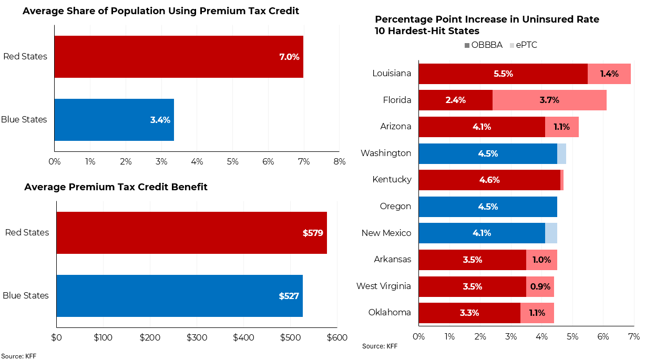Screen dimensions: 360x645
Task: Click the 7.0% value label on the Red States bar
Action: click(289, 57)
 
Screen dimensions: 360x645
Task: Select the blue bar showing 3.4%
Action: click(114, 120)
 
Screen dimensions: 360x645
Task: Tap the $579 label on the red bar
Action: click(313, 233)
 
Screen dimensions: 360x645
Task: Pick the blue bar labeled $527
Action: click(179, 296)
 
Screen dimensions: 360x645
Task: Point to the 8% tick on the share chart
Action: click(339, 162)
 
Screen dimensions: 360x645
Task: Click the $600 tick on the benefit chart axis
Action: click(336, 337)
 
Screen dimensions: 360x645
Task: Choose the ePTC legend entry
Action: click(523, 45)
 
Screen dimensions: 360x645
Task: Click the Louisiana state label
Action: click(392, 73)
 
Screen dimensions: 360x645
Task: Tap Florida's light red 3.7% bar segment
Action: click(549, 100)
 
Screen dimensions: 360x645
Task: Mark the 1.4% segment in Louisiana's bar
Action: click(609, 74)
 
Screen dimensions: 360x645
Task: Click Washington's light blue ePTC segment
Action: click(561, 153)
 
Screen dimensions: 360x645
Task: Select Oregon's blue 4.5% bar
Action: click(488, 207)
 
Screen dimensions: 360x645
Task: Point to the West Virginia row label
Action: click(384, 286)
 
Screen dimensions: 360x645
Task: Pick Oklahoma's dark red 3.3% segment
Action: click(469, 313)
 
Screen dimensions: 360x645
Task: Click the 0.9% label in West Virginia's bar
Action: click(540, 286)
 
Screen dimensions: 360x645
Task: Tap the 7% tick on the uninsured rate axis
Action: click(633, 336)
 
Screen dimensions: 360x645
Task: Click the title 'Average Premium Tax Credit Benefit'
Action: click(116, 187)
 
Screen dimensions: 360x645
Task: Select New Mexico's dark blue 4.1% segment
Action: click(482, 233)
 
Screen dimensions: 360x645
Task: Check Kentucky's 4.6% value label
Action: click(489, 180)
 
